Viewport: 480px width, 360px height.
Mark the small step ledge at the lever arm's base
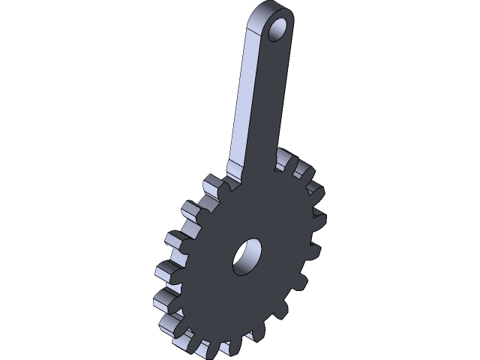pyautogui.click(x=234, y=174)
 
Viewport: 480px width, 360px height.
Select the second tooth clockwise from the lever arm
pyautogui.click(x=304, y=172)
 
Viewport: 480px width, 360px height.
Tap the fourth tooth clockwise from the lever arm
pyautogui.click(x=319, y=218)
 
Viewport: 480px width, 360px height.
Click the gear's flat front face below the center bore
pyautogui.click(x=240, y=307)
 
